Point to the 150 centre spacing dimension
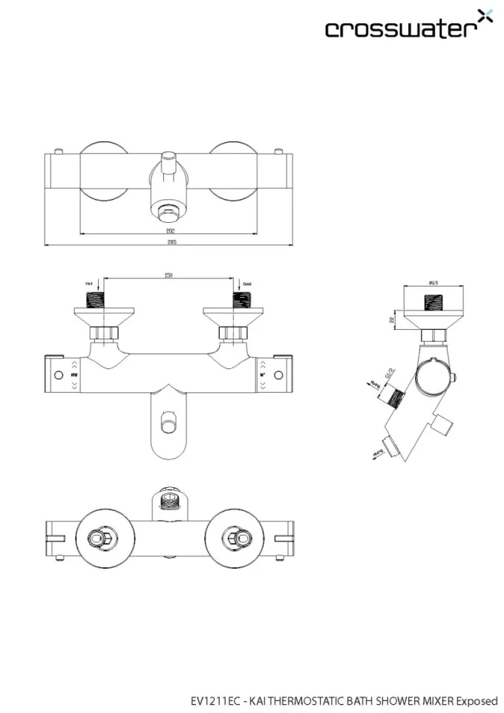click(x=168, y=276)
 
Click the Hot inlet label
click(x=89, y=283)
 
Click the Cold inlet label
click(x=247, y=283)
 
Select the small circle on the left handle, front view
click(x=59, y=373)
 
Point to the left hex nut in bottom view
click(x=96, y=539)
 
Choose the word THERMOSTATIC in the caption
click(x=305, y=700)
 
